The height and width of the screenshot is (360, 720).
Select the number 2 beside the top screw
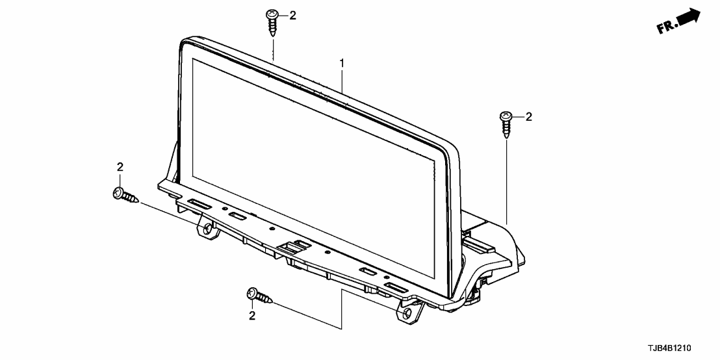click(x=292, y=16)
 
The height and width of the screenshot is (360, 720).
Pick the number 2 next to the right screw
click(x=528, y=117)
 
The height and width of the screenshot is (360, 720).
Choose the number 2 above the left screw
click(x=120, y=168)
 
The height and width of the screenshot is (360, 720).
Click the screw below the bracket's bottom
click(x=259, y=297)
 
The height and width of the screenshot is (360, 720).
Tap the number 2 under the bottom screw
click(x=252, y=316)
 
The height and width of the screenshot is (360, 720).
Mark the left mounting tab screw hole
click(x=207, y=229)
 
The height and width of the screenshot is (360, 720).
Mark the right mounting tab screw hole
click(x=407, y=315)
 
